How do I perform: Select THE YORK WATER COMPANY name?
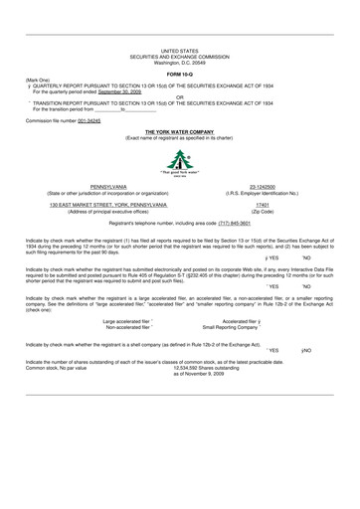[179, 130]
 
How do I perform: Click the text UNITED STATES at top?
[179, 48]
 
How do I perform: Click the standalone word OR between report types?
[179, 97]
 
